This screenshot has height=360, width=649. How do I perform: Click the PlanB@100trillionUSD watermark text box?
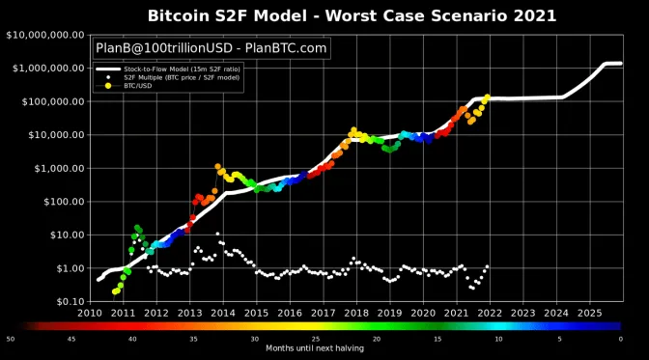click(x=212, y=48)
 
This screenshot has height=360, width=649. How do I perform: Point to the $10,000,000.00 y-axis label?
click(x=42, y=36)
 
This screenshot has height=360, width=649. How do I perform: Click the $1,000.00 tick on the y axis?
click(x=56, y=169)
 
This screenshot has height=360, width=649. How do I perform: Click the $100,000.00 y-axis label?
click(x=48, y=102)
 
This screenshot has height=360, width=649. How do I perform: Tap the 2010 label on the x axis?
click(x=90, y=313)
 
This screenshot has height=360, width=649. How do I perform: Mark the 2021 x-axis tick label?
click(x=456, y=313)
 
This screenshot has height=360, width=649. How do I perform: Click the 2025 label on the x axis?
click(x=588, y=313)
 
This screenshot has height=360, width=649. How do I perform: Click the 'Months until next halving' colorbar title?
click(x=315, y=347)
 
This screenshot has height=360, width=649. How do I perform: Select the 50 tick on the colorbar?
click(x=10, y=339)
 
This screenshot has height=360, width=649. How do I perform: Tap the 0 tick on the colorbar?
click(x=620, y=339)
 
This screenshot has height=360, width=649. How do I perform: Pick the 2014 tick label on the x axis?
click(x=223, y=313)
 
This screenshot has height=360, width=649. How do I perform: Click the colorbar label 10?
click(x=498, y=339)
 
